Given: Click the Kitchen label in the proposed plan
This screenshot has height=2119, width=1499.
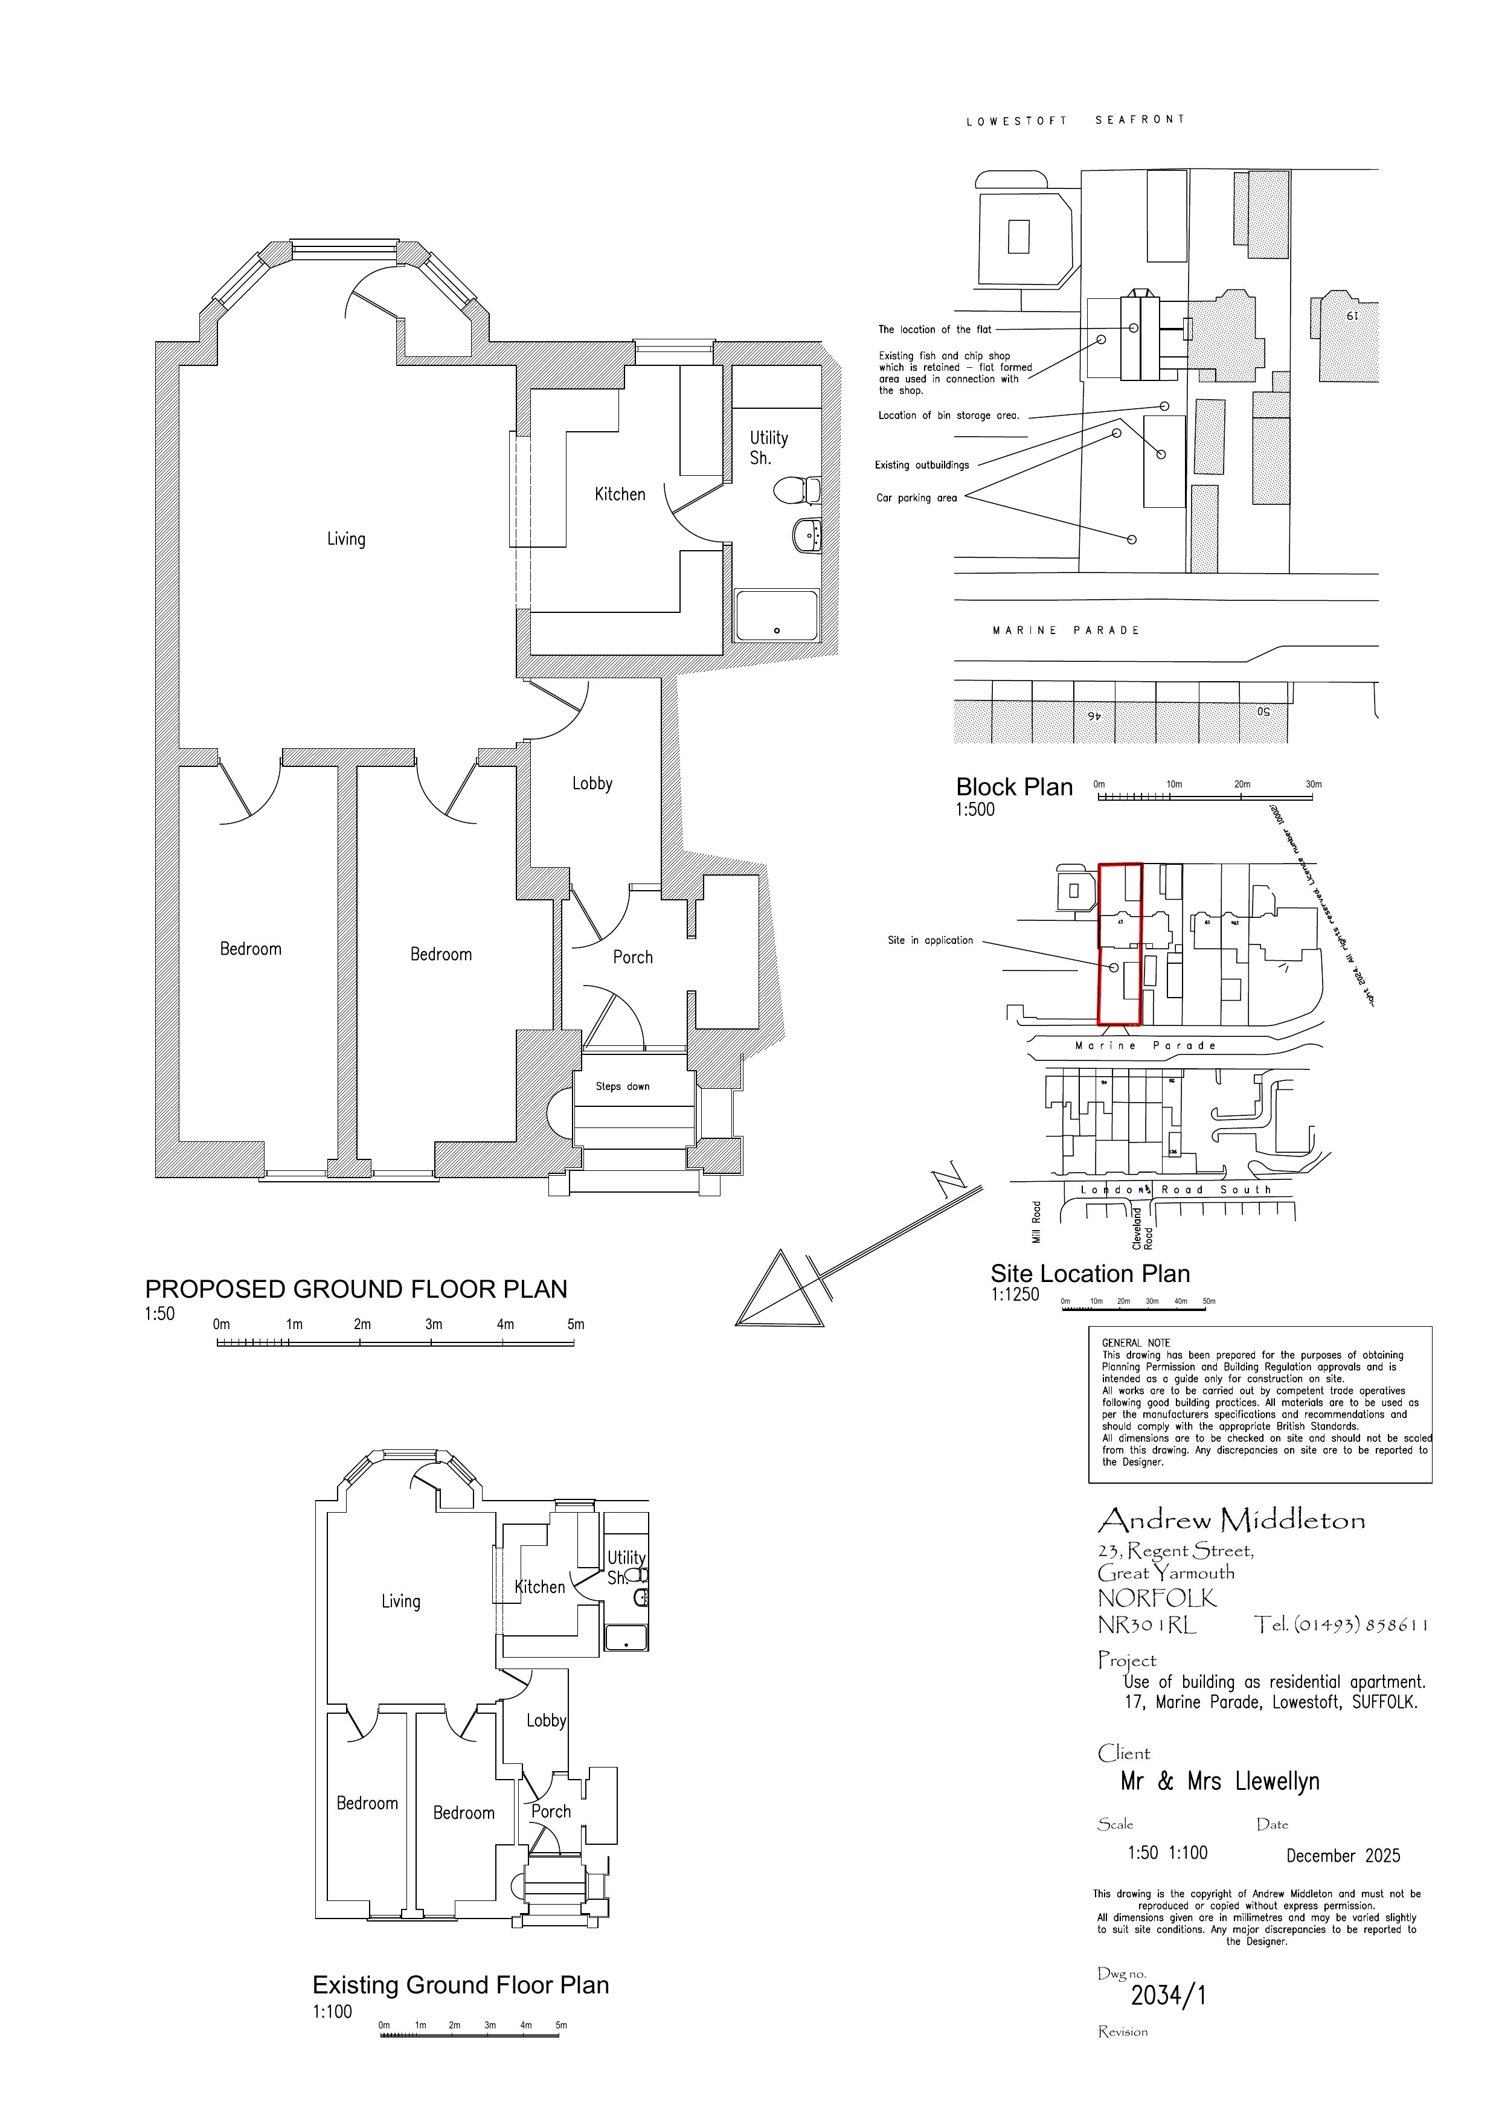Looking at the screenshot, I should coord(620,495).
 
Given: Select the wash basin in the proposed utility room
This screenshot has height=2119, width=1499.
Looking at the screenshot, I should coord(807,535).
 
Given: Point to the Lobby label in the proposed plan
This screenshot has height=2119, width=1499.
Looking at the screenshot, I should coord(592,784).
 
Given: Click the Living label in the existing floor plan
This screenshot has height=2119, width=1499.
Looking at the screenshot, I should coord(400,1601).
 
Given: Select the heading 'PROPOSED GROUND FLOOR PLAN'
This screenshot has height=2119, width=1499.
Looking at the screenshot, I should coord(356,1289).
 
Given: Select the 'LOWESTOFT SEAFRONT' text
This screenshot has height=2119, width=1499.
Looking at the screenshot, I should coord(1074,120).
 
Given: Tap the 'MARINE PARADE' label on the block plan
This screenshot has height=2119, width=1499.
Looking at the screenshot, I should coord(1065,630).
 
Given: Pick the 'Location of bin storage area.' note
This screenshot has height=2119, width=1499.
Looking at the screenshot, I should coord(948,415).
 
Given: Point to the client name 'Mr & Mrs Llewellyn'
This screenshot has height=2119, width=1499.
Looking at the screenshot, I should coord(1219,1781).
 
